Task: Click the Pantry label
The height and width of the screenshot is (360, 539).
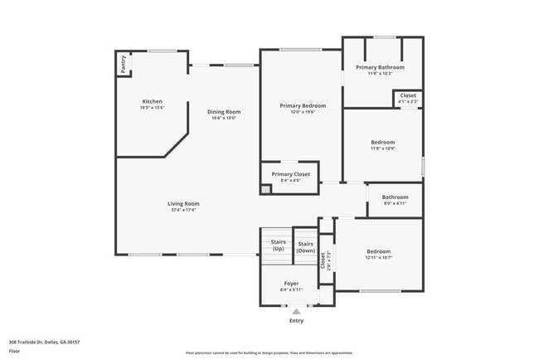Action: click(x=124, y=64)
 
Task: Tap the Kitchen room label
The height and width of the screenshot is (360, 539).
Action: click(x=153, y=101)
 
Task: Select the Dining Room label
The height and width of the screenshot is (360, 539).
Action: click(x=224, y=112)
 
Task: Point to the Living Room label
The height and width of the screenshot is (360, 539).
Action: click(x=183, y=203)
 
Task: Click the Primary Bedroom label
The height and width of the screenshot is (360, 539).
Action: click(x=303, y=105)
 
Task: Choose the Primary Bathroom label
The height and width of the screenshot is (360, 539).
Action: click(x=380, y=67)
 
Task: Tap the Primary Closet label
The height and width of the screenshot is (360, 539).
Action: click(x=295, y=174)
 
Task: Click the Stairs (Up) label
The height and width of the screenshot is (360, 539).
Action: click(x=278, y=246)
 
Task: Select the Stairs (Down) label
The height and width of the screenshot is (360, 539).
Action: click(x=305, y=246)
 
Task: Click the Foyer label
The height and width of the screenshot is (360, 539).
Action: click(x=292, y=283)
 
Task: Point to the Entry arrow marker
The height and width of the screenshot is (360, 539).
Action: click(x=296, y=311)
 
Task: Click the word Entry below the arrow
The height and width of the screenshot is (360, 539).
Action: click(x=296, y=321)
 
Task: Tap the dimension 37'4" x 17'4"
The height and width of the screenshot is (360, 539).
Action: click(x=183, y=210)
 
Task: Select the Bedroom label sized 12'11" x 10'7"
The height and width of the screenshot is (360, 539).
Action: click(x=378, y=251)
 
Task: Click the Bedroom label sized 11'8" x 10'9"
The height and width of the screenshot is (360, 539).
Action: click(x=382, y=142)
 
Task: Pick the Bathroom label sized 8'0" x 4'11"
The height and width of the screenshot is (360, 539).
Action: click(x=395, y=197)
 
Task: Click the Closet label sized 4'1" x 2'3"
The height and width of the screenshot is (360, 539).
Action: click(x=408, y=95)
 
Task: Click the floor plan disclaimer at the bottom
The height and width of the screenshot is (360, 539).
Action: click(x=269, y=353)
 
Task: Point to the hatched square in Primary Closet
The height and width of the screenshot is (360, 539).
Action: click(x=265, y=189)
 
